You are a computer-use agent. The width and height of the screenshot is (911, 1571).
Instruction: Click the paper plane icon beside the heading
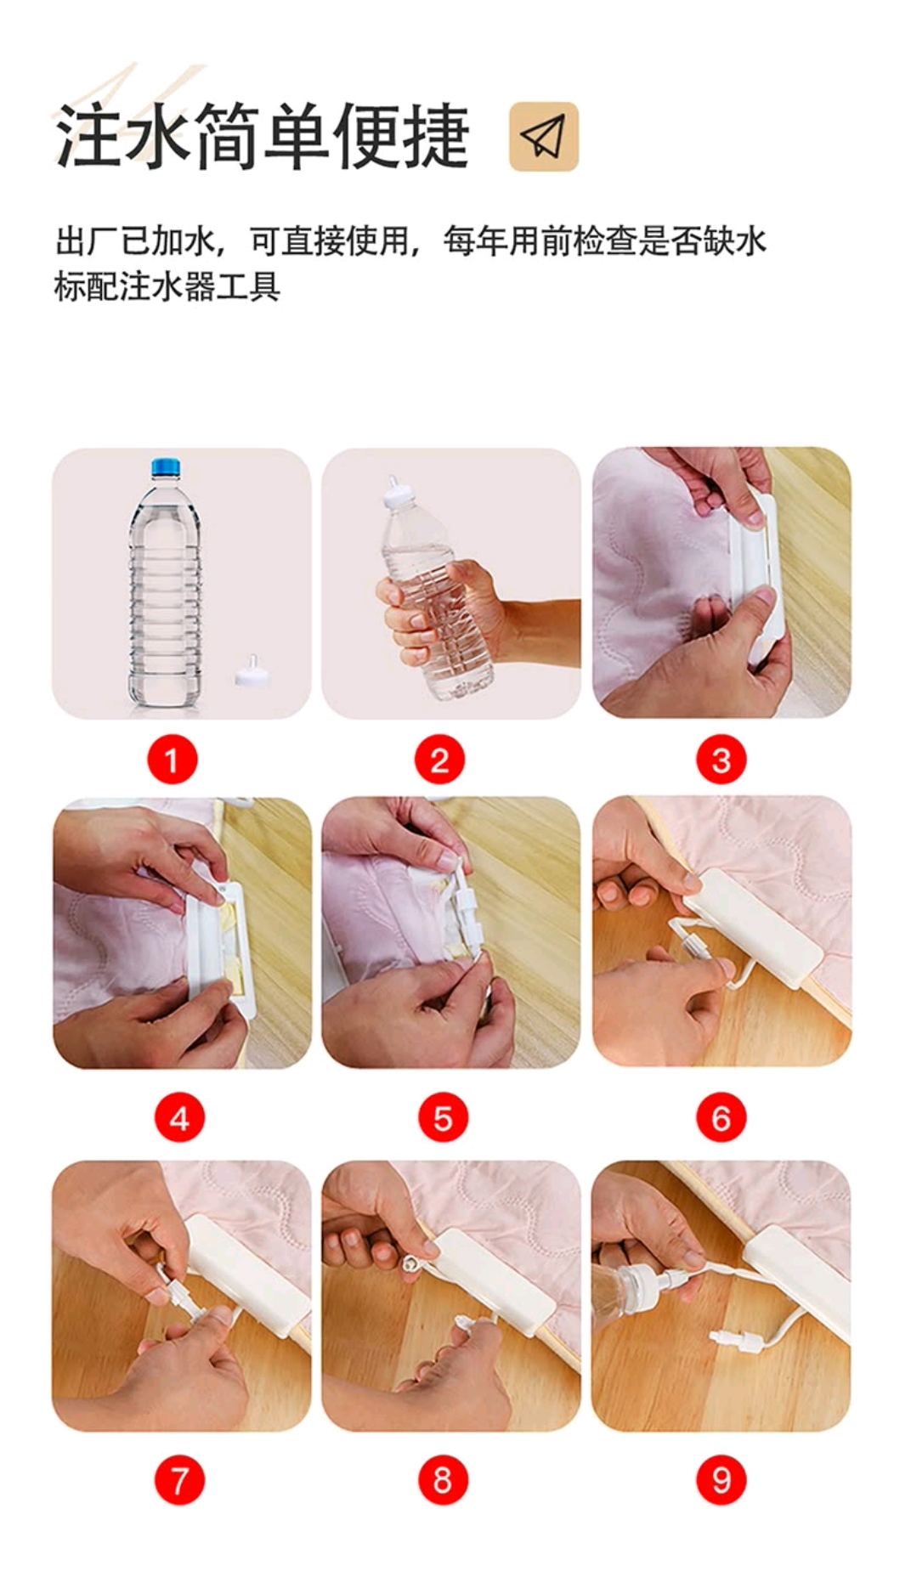pos(543,137)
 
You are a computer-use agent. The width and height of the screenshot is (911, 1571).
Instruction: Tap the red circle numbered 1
pos(173,760)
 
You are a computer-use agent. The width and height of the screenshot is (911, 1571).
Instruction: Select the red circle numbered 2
pos(440,760)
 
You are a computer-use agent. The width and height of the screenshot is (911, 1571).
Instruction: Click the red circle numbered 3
pos(721,760)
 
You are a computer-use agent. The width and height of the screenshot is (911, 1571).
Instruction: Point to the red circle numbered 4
pos(179,1118)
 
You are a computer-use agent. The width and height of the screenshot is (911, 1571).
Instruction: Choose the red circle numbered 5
pos(443,1118)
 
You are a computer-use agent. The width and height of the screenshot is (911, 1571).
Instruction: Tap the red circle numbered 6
pos(721,1118)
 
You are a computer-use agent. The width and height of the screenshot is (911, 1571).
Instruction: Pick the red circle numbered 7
pos(179,1480)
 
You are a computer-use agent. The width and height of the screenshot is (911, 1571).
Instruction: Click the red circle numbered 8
pos(443,1480)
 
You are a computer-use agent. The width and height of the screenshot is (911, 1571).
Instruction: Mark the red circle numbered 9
pos(721,1480)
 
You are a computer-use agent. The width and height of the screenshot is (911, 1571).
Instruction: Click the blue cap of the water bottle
pos(166,467)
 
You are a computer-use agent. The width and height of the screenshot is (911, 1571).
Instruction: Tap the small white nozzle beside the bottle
pos(247,671)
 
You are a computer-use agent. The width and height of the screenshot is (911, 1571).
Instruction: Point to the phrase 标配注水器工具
pos(167,286)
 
